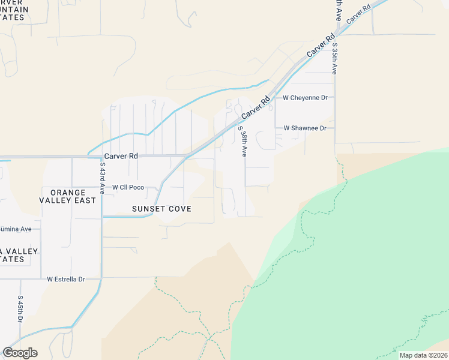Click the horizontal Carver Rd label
(x=121, y=156)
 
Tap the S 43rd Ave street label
(x=103, y=178)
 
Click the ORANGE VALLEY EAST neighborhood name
(x=68, y=196)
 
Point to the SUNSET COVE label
(x=162, y=209)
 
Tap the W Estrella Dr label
(x=66, y=279)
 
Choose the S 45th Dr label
(x=20, y=308)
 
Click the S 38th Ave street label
(x=242, y=142)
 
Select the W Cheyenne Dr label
(x=304, y=97)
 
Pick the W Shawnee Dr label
(x=304, y=128)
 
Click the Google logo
(x=20, y=353)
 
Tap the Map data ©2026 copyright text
(x=423, y=355)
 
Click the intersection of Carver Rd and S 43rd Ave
(x=101, y=157)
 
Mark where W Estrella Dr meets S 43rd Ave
(x=101, y=277)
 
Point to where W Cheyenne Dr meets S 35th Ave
(x=335, y=97)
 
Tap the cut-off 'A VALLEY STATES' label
(x=18, y=255)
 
